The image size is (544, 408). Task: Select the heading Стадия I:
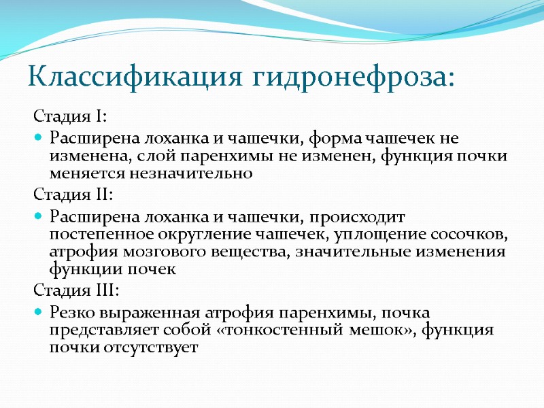pyautogui.click(x=69, y=116)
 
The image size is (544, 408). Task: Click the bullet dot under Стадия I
pyautogui.click(x=38, y=139)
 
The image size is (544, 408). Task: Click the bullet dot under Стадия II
pyautogui.click(x=38, y=218)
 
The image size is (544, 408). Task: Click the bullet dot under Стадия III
pyautogui.click(x=38, y=313)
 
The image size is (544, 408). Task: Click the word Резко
pyautogui.click(x=73, y=313)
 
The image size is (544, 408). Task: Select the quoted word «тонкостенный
pyautogui.click(x=288, y=331)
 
